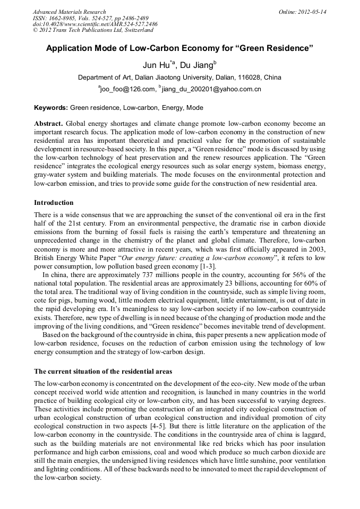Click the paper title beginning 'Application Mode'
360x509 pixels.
point(180,48)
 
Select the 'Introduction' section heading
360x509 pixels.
point(54,203)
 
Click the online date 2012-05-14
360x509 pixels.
point(303,12)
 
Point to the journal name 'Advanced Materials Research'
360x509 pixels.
point(70,12)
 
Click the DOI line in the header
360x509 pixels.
point(95,24)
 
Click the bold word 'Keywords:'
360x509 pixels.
point(50,108)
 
